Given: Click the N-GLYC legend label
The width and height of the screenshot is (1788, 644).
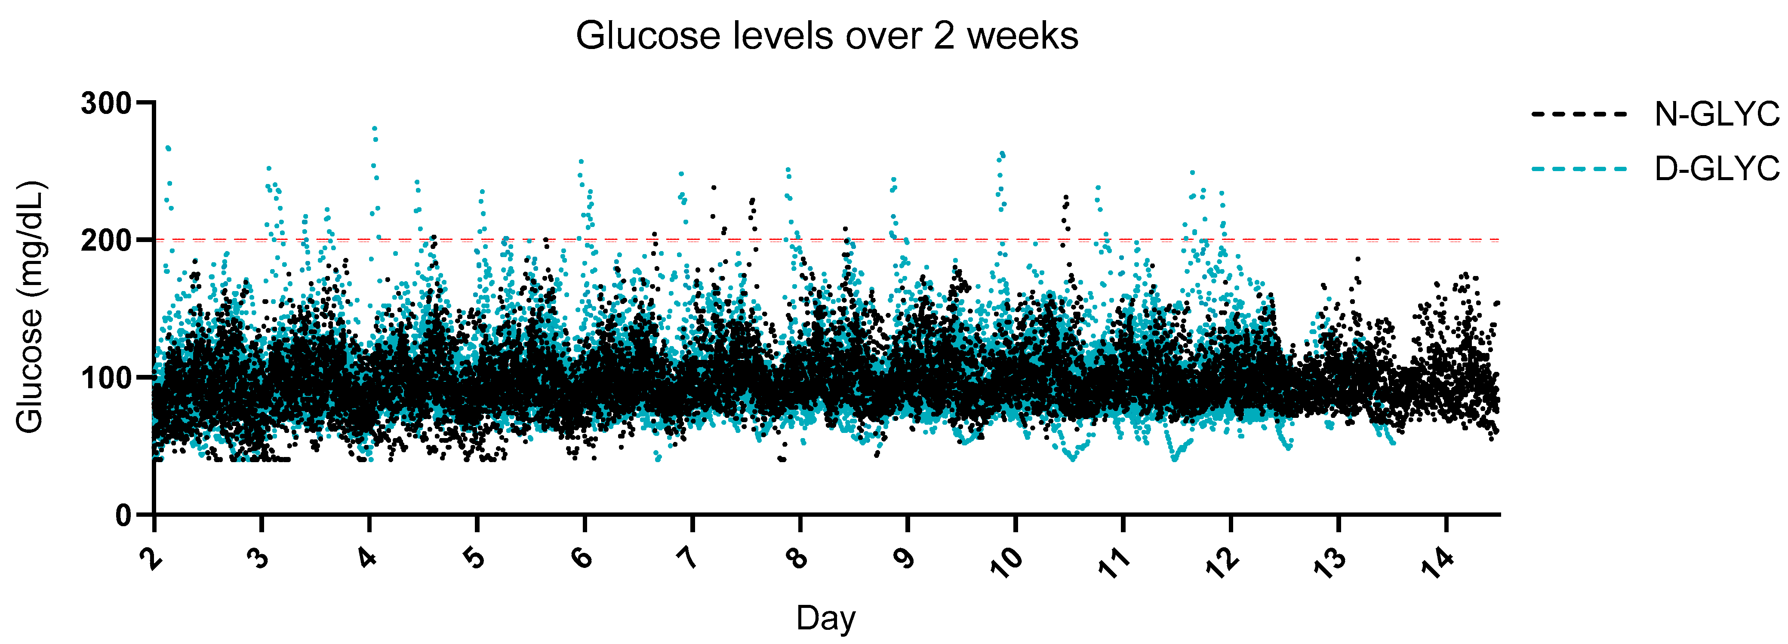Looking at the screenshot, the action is [1717, 114].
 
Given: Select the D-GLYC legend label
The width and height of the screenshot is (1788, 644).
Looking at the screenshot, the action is [1717, 168].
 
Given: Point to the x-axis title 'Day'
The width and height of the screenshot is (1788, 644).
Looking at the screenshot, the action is [826, 618].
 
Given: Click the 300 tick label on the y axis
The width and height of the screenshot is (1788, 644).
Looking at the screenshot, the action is [106, 104].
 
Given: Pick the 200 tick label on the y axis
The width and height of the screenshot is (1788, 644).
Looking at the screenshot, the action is [106, 240].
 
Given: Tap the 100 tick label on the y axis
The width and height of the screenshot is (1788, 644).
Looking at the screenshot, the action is [106, 377].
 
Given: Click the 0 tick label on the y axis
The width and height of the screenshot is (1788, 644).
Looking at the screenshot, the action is [123, 515].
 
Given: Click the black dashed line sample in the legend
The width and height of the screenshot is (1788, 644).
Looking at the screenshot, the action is [1579, 114].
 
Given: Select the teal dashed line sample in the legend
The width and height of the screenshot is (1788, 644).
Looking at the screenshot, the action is [1579, 169].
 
